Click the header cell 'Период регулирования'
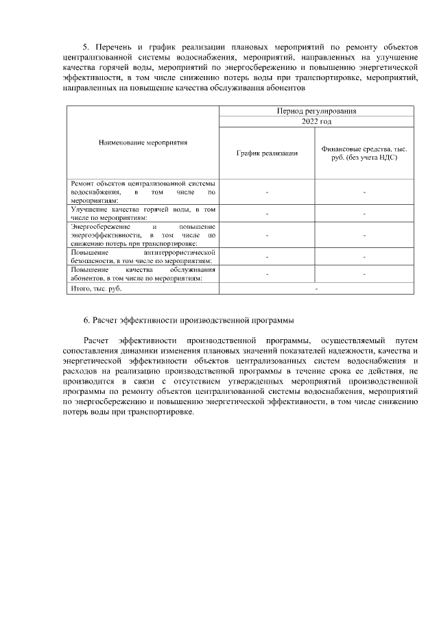316,110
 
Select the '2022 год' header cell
316,121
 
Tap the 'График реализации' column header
267,153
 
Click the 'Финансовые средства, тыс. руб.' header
364,153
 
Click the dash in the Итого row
316,289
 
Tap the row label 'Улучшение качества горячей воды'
143,212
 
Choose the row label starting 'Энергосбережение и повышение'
143,234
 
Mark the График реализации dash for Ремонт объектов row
267,193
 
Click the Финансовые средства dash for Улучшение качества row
364,214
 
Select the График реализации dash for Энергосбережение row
267,235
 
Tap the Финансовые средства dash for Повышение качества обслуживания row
364,274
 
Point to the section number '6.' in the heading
87,320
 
